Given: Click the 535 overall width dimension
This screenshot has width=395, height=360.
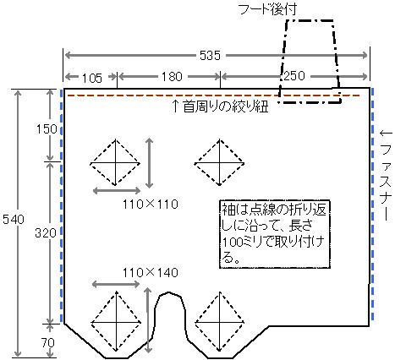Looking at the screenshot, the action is tap(210, 55).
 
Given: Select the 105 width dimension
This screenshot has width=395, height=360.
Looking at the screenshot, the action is tap(92, 78).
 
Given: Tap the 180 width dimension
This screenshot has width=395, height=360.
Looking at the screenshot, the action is tap(172, 76).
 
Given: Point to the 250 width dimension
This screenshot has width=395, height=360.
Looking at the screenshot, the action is tap(294, 76).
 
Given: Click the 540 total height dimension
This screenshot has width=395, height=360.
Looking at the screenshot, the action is tap(14, 219).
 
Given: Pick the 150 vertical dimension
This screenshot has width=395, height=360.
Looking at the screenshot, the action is tap(47, 129).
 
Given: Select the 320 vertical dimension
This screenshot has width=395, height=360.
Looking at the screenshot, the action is tap(46, 233).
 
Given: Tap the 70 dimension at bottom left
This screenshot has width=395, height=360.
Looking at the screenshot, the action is tap(48, 343).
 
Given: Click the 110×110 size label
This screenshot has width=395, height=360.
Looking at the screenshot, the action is tap(151, 205).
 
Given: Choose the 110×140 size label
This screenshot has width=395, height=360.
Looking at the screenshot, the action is tap(151, 273).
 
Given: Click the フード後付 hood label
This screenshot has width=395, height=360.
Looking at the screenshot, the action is tap(267, 9).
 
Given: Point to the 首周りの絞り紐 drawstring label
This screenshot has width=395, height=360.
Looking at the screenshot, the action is tap(220, 106).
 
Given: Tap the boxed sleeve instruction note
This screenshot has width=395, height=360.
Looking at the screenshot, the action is tap(275, 234).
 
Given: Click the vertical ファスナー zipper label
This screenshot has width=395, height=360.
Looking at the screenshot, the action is tap(386, 175).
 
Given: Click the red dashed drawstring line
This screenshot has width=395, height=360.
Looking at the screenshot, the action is tap(214, 95).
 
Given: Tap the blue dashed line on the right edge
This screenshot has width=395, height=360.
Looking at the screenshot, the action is tap(373, 205).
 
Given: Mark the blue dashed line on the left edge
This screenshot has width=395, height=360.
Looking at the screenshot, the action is tap(62, 206).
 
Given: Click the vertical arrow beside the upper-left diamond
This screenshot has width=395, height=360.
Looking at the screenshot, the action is tap(149, 163).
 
